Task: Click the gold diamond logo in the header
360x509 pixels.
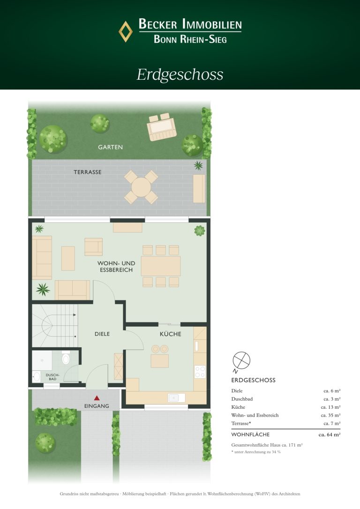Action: pos(125,31)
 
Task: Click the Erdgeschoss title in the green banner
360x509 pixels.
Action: pos(180,75)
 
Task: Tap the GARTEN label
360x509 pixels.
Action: pos(110,147)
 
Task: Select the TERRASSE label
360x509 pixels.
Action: pos(88,172)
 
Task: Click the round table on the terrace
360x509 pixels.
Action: pos(141,187)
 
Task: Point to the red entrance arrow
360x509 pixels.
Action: pos(97,397)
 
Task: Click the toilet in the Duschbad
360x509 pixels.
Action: pos(66,358)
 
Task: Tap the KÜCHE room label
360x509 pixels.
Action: pos(171,334)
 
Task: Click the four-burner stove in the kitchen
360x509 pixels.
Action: pos(200,372)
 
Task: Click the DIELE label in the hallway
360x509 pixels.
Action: pos(102,334)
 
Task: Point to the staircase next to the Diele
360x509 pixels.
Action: pos(55,326)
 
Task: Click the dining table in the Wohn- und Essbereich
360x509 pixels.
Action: pos(161,266)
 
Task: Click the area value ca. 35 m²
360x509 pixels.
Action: pos(330,415)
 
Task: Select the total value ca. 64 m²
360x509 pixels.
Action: pos(330,434)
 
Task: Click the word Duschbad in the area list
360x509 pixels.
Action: pos(242,399)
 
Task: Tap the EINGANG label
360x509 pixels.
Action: pos(97,406)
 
